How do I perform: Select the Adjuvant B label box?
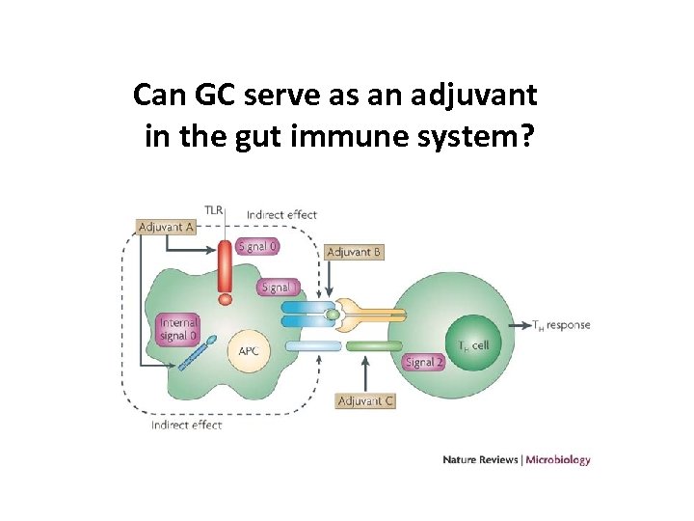(354, 252)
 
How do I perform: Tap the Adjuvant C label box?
(365, 400)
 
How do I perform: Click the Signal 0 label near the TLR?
(257, 246)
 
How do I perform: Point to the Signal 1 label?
(280, 287)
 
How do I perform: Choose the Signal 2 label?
(424, 362)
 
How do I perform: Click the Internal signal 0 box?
(178, 329)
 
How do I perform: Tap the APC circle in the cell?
(249, 351)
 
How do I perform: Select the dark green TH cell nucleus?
(473, 344)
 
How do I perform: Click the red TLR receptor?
(225, 270)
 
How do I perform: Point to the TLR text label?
(214, 209)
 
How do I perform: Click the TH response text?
(561, 325)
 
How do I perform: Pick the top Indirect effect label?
(281, 214)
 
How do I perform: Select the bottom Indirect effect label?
(186, 425)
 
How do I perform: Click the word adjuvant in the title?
(473, 96)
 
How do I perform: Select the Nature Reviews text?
(479, 459)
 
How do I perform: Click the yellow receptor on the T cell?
(371, 314)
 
